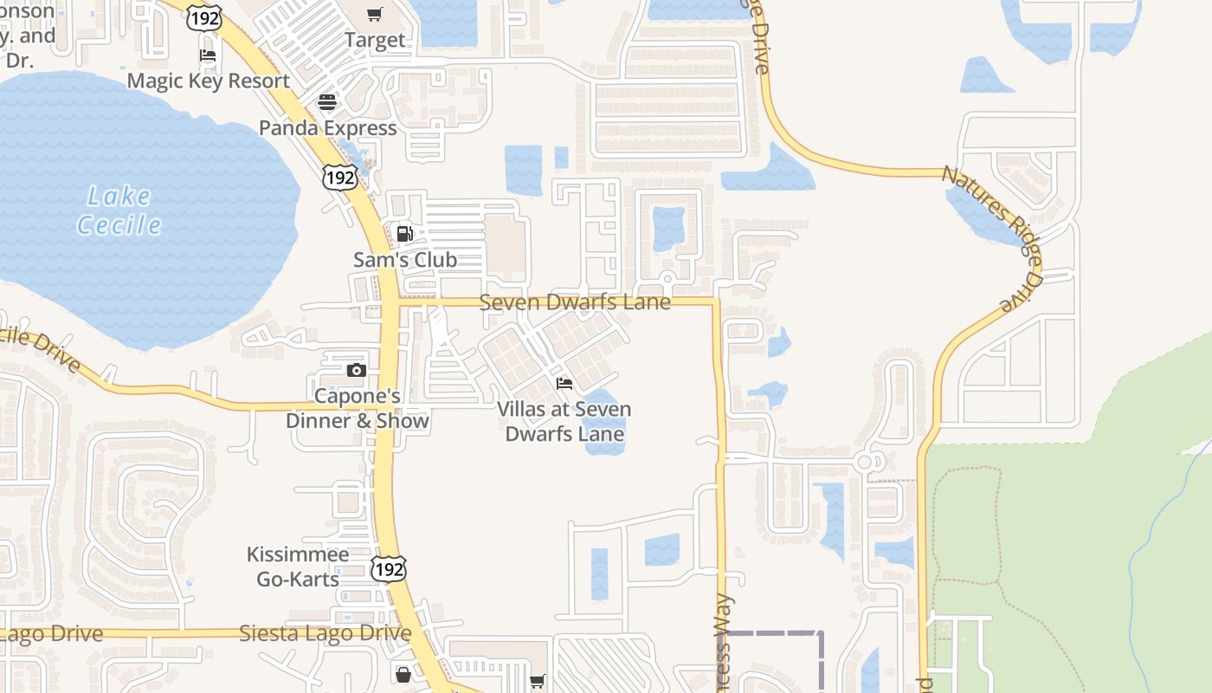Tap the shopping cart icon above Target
[374, 14]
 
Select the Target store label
[375, 40]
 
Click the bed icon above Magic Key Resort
[208, 55]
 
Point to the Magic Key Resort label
[209, 81]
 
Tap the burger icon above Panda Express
[326, 101]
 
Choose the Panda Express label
[328, 128]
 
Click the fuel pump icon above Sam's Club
[404, 233]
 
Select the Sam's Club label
[405, 260]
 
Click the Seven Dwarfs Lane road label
[575, 302]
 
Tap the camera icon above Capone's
[356, 370]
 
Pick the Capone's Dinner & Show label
[358, 409]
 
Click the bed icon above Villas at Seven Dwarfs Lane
[564, 383]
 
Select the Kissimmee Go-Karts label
[298, 567]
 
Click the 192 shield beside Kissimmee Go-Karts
[388, 569]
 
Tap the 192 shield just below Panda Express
[339, 178]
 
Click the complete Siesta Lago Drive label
[325, 633]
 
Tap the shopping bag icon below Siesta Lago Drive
[403, 674]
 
